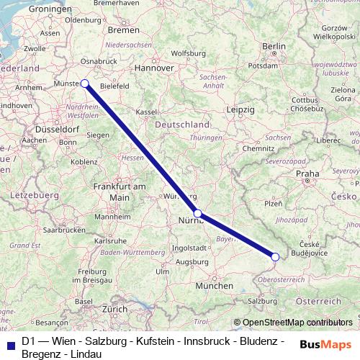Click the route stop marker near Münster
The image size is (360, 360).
pos(85,83)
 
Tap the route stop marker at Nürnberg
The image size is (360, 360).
pos(198,213)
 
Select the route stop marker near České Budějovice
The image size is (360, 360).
pos(275,256)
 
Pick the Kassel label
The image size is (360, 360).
pos(147,112)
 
